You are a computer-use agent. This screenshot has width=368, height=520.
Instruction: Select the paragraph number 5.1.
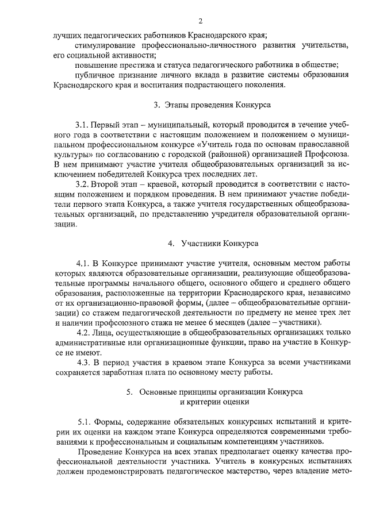click(x=87, y=421)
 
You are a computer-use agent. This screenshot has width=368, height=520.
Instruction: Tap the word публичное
click(x=94, y=75)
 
